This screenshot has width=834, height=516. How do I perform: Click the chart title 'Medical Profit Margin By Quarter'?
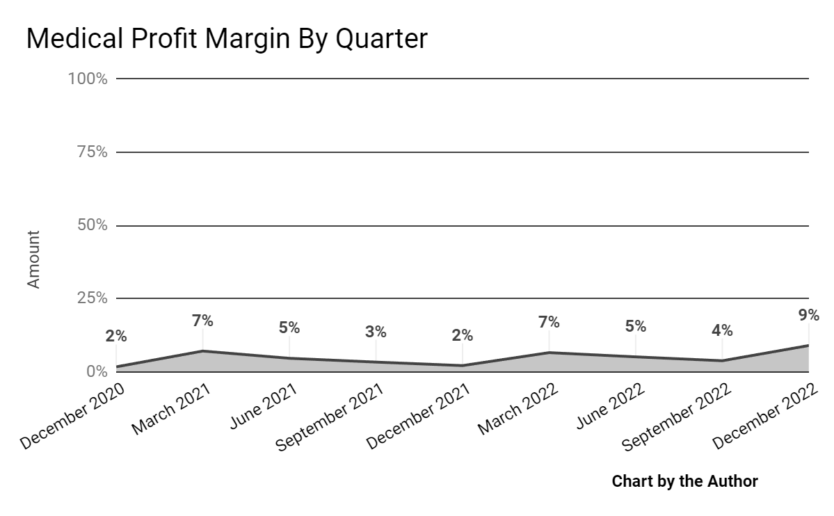click(226, 39)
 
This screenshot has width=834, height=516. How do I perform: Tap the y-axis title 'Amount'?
click(33, 259)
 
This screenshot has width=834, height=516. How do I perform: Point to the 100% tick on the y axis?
click(88, 79)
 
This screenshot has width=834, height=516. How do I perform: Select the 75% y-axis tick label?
click(92, 152)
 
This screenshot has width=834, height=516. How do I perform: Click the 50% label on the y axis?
click(92, 225)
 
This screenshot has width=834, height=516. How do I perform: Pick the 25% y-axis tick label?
click(92, 298)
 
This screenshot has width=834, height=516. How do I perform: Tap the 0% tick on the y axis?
click(96, 371)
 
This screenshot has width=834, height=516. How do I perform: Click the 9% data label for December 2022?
click(809, 315)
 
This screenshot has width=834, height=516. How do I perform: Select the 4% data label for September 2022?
click(722, 330)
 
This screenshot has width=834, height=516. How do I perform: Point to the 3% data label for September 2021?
click(376, 332)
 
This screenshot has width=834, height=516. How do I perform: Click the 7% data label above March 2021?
click(202, 321)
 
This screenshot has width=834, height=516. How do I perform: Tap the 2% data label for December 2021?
click(462, 336)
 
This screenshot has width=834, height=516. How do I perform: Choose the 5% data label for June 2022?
click(635, 326)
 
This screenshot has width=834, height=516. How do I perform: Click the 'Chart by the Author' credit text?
click(684, 481)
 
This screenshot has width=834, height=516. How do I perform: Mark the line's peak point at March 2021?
click(202, 351)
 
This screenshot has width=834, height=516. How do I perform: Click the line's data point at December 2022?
click(808, 346)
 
